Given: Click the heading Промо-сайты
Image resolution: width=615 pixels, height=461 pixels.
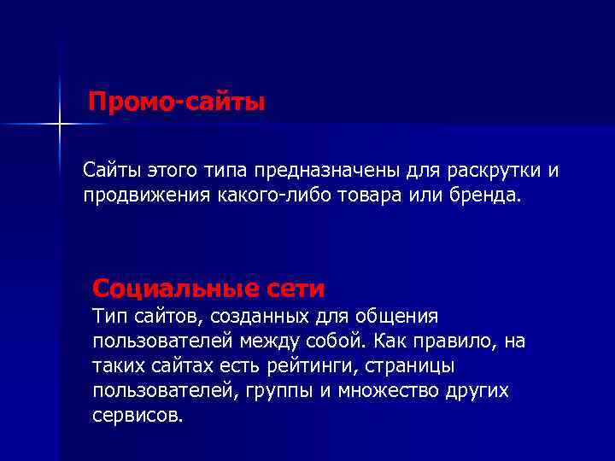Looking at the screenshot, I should point(178,103).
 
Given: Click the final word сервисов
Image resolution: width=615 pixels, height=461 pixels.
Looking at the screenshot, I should point(136,416).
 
